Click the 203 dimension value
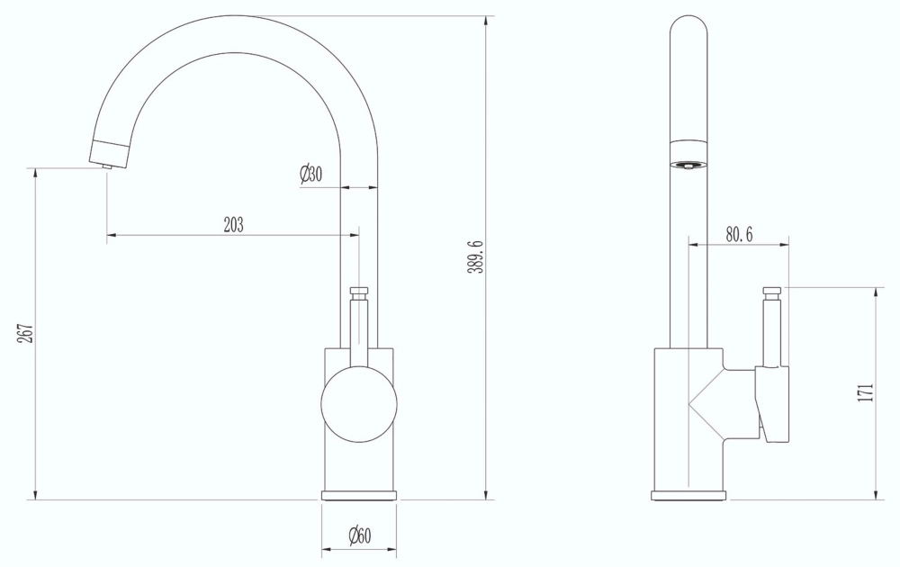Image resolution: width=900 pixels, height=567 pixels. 233,225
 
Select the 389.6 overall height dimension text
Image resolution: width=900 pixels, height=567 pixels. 478,257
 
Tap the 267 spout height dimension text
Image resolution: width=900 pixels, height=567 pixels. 26,335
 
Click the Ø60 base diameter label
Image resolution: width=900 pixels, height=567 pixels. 359,537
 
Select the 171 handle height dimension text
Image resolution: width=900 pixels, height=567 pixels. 865,393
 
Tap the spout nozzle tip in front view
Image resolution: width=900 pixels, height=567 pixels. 106,165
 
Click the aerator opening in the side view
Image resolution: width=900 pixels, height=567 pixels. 689,165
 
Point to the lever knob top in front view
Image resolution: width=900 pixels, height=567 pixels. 359,292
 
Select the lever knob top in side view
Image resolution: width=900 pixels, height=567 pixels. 772,292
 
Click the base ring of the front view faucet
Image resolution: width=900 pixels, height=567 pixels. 359,495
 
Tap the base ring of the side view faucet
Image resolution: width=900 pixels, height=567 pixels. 688,495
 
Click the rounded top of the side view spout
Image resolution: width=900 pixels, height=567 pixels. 689,22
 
